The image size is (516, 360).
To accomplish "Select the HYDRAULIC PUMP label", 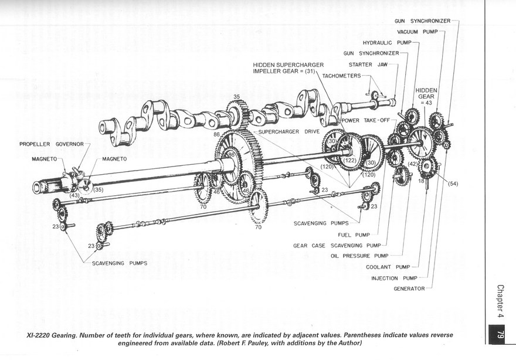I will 387,43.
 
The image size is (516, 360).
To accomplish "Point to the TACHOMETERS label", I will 341,76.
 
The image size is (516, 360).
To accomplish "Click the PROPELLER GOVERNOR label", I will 52,144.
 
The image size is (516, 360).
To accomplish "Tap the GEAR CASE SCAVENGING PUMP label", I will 337,246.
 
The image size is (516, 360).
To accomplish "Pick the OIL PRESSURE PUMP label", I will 359,256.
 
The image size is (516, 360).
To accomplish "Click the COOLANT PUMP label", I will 388,267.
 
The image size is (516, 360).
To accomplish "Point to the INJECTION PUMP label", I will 392,278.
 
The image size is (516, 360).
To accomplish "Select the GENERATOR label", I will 409,288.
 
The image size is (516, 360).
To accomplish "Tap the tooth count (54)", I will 453,184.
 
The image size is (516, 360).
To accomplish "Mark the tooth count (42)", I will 413,165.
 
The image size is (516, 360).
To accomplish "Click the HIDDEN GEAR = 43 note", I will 426,96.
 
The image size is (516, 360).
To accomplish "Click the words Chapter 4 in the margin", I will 501,303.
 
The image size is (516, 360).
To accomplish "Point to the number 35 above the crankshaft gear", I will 237,97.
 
